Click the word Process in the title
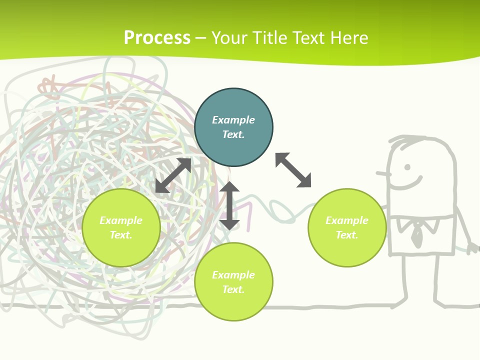[157, 38]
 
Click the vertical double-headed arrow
[229, 205]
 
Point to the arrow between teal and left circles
[173, 175]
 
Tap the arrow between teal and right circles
[293, 170]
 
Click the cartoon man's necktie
[416, 232]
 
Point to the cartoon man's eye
[407, 167]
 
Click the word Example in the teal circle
[233, 120]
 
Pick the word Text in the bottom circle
[233, 289]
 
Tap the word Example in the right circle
[347, 220]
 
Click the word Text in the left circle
[121, 235]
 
